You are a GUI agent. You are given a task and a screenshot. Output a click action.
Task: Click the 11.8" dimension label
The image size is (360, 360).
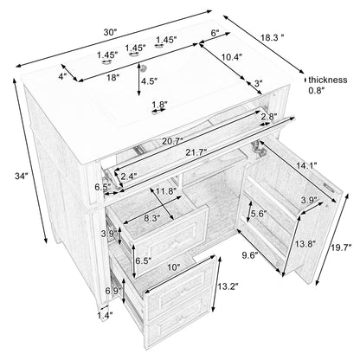pyautogui.click(x=166, y=191)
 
